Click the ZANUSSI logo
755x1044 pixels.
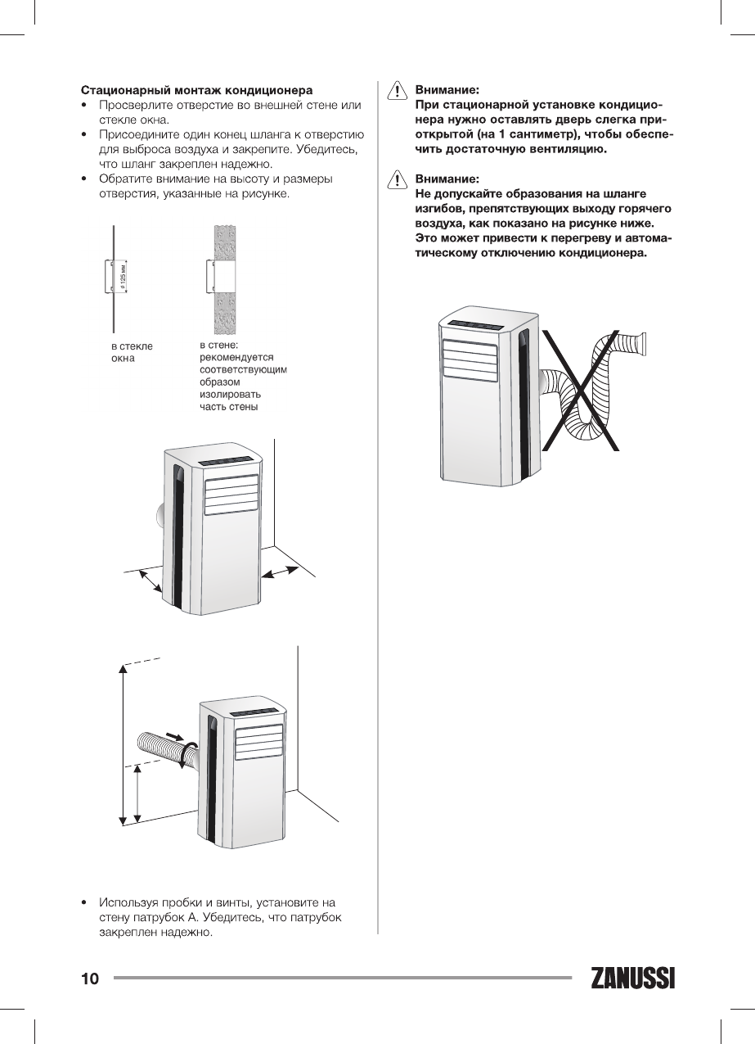pyautogui.click(x=632, y=978)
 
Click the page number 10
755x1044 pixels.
pyautogui.click(x=90, y=978)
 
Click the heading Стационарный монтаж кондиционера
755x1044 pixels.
pyautogui.click(x=196, y=89)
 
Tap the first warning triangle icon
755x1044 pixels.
pyautogui.click(x=396, y=89)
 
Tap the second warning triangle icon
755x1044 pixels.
pyautogui.click(x=396, y=179)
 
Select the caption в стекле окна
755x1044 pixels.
pyautogui.click(x=132, y=352)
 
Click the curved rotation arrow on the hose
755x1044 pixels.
pyautogui.click(x=189, y=753)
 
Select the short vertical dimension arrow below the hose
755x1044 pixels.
pyautogui.click(x=137, y=794)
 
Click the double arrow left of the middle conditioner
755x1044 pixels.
pyautogui.click(x=147, y=581)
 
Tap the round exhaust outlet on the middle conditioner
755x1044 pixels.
pyautogui.click(x=159, y=516)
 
